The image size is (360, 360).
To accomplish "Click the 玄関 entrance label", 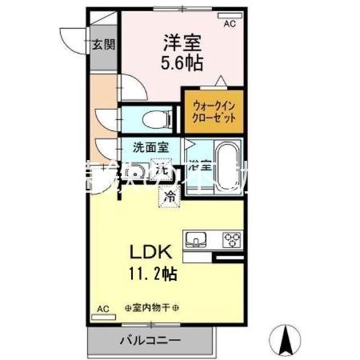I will (x=101, y=45).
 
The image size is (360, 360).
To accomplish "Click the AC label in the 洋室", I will (x=230, y=25).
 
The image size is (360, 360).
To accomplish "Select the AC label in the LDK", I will (x=102, y=308).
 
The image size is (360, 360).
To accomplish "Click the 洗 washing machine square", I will (x=161, y=169).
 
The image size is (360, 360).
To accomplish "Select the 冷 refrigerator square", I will (x=170, y=194).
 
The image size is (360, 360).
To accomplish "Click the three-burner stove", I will (x=231, y=240).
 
